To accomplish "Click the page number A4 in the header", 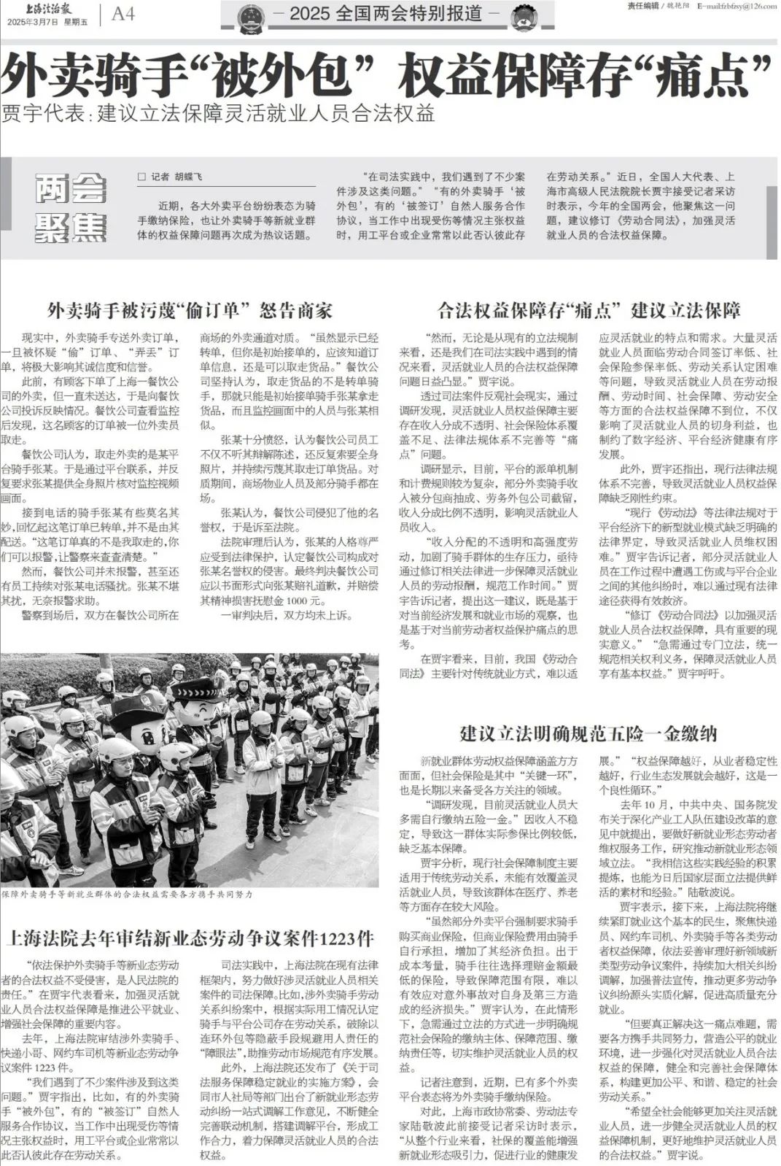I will coord(123,14).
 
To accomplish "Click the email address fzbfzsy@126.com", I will coord(736,6).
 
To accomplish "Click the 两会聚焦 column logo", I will coord(70,208).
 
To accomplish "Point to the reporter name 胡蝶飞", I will coord(188,177).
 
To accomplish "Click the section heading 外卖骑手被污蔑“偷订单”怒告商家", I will coord(190,311).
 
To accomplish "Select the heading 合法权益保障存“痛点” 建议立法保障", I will coord(588,311).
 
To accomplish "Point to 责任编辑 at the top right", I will coord(642,6).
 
